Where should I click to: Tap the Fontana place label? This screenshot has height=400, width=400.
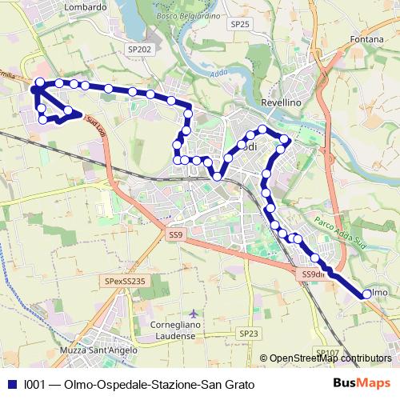[368, 39]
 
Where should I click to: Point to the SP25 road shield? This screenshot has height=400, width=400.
[240, 25]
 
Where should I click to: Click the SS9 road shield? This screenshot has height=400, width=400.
[176, 235]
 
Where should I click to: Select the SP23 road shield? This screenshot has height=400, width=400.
[249, 333]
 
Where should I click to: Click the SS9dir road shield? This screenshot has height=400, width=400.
[313, 274]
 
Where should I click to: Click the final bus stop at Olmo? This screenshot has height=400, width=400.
[366, 294]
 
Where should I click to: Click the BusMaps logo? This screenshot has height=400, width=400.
[362, 383]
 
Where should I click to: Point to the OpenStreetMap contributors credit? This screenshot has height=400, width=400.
[330, 358]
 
